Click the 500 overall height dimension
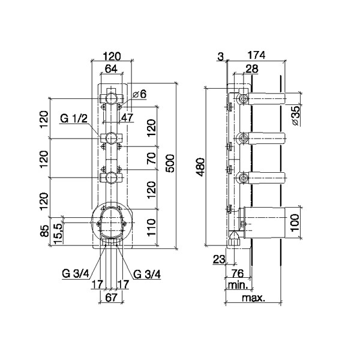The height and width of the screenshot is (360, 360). coord(170,163)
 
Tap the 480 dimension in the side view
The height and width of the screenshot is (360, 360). coord(201,167)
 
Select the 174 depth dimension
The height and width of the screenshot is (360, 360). coord(256,55)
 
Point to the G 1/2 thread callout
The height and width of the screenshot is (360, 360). coord(74,119)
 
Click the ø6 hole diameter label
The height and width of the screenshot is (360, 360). coord(140,94)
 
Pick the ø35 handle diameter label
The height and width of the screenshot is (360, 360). coord(296,115)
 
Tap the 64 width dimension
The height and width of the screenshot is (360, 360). coord(111,68)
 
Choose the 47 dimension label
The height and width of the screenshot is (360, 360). coord(127,118)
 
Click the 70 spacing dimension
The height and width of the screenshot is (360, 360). coord(151,158)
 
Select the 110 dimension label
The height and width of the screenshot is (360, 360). coord(151,227)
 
